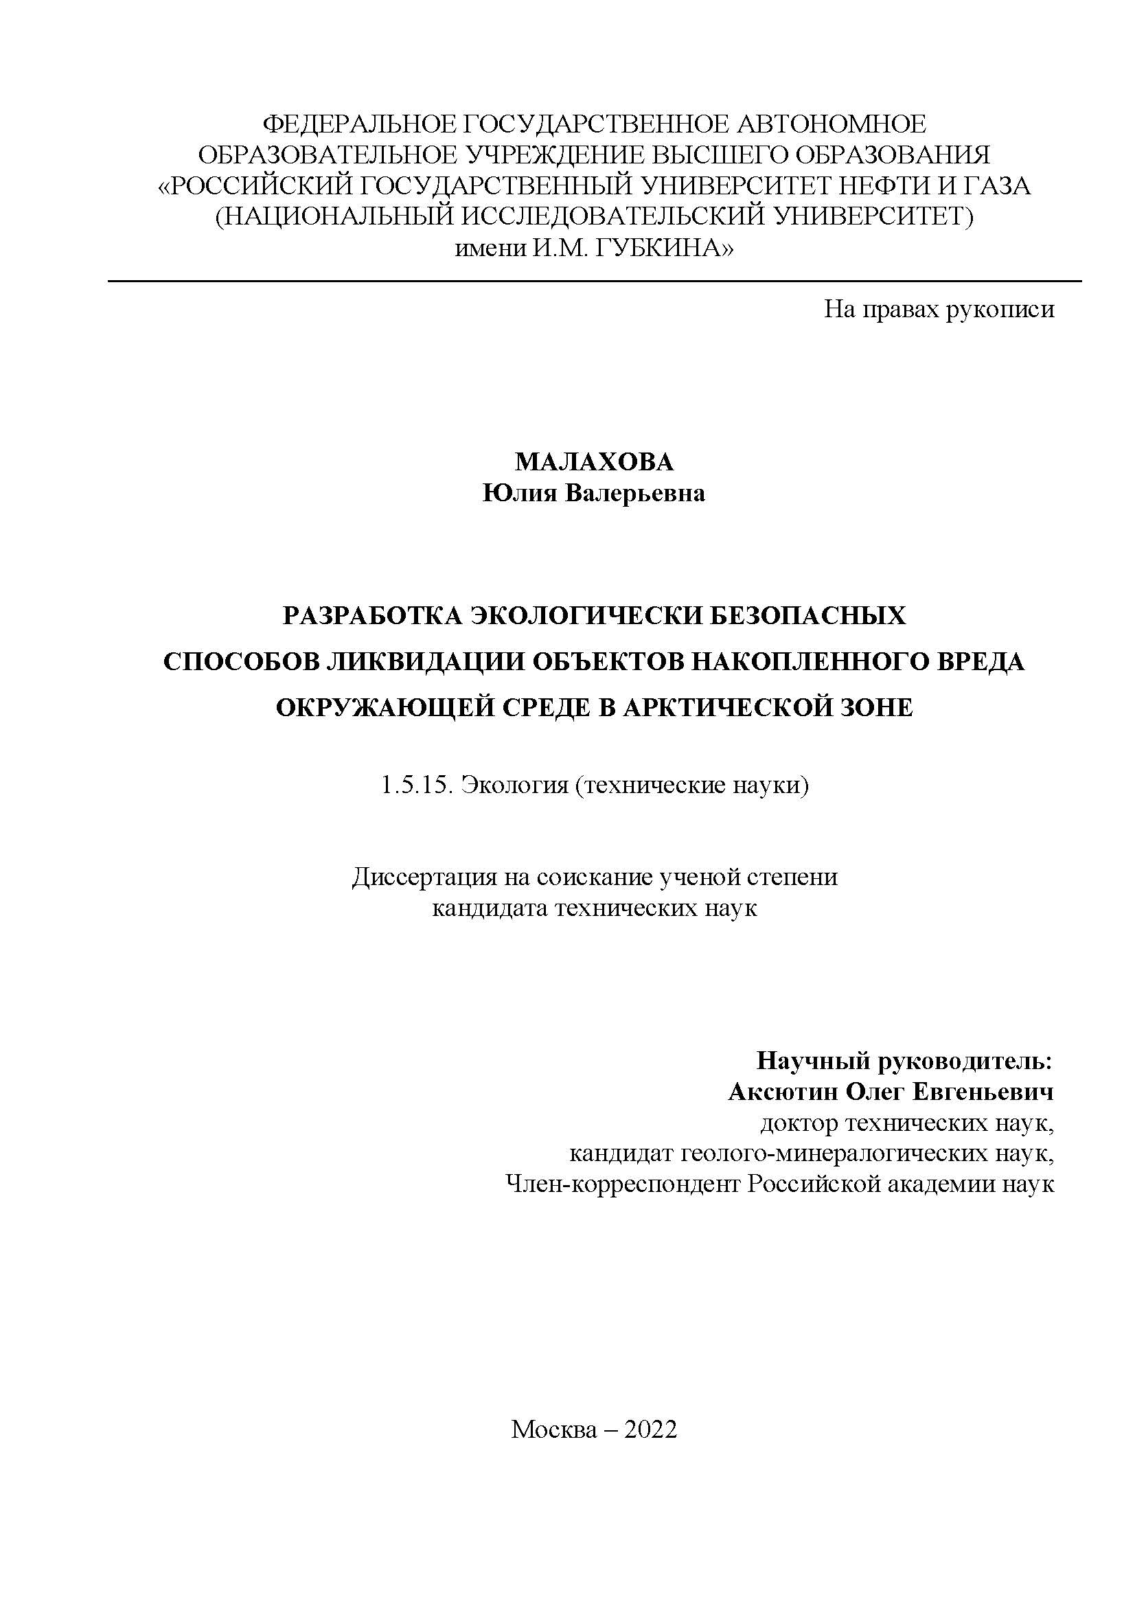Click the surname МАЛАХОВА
click(x=595, y=462)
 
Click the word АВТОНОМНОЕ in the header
click(x=830, y=124)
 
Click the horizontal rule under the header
click(x=595, y=282)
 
